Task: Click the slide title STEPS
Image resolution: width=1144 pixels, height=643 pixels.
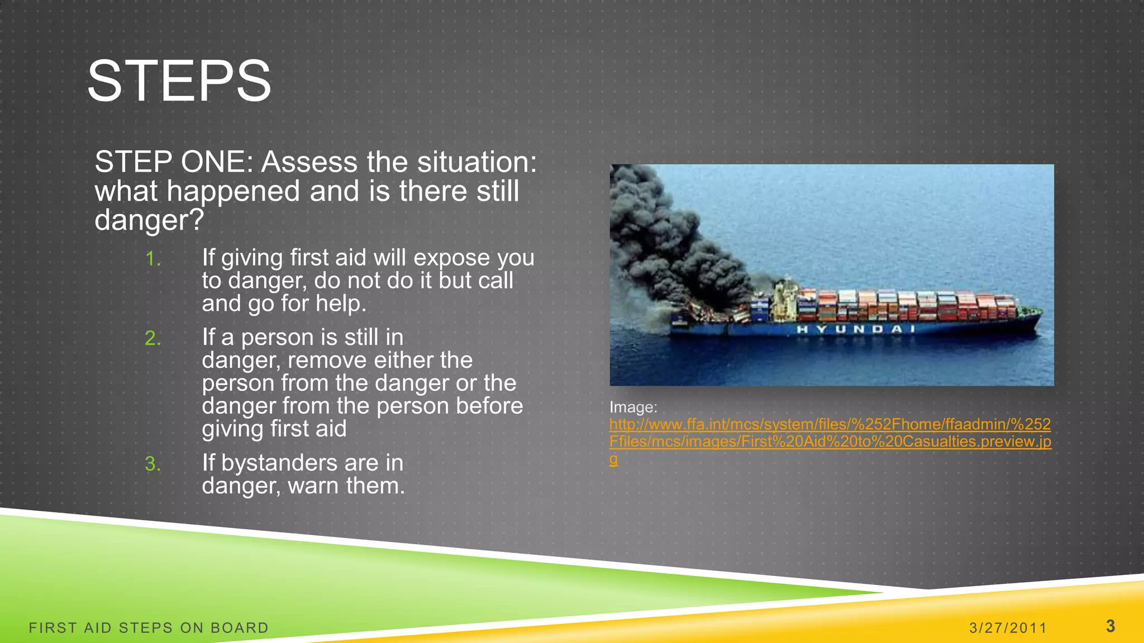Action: [179, 81]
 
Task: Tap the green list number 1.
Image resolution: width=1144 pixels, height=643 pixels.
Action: [152, 259]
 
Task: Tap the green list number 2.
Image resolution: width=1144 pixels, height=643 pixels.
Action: [152, 338]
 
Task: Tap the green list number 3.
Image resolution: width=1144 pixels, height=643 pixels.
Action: [152, 464]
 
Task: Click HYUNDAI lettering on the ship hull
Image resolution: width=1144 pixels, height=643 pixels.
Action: [855, 329]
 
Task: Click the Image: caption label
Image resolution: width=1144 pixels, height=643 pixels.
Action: [633, 407]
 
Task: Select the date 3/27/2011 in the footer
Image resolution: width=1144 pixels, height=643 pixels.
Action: [1008, 628]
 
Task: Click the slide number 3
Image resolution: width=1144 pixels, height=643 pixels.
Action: [1110, 626]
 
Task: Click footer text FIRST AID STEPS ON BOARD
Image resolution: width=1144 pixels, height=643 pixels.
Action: [149, 628]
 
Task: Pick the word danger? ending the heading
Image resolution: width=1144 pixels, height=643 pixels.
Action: [149, 220]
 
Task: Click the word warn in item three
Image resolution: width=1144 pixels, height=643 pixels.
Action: [311, 486]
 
